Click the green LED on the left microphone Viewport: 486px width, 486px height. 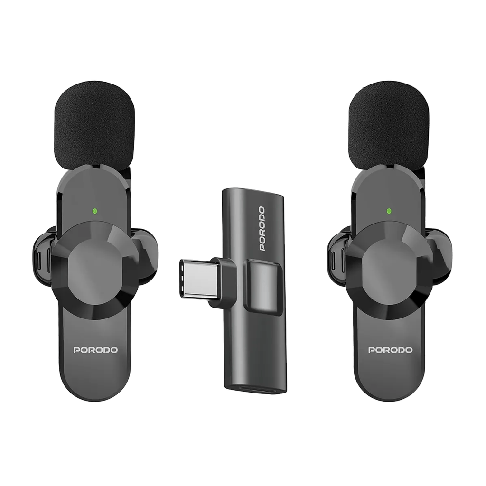coord(95,211)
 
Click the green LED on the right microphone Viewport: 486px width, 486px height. coord(389,211)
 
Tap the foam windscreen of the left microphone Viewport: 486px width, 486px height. coord(94,125)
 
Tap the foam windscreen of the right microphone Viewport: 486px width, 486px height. coord(389,125)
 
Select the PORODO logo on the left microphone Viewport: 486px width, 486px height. coord(95,350)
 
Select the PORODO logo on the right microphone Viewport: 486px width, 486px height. coord(390,350)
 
